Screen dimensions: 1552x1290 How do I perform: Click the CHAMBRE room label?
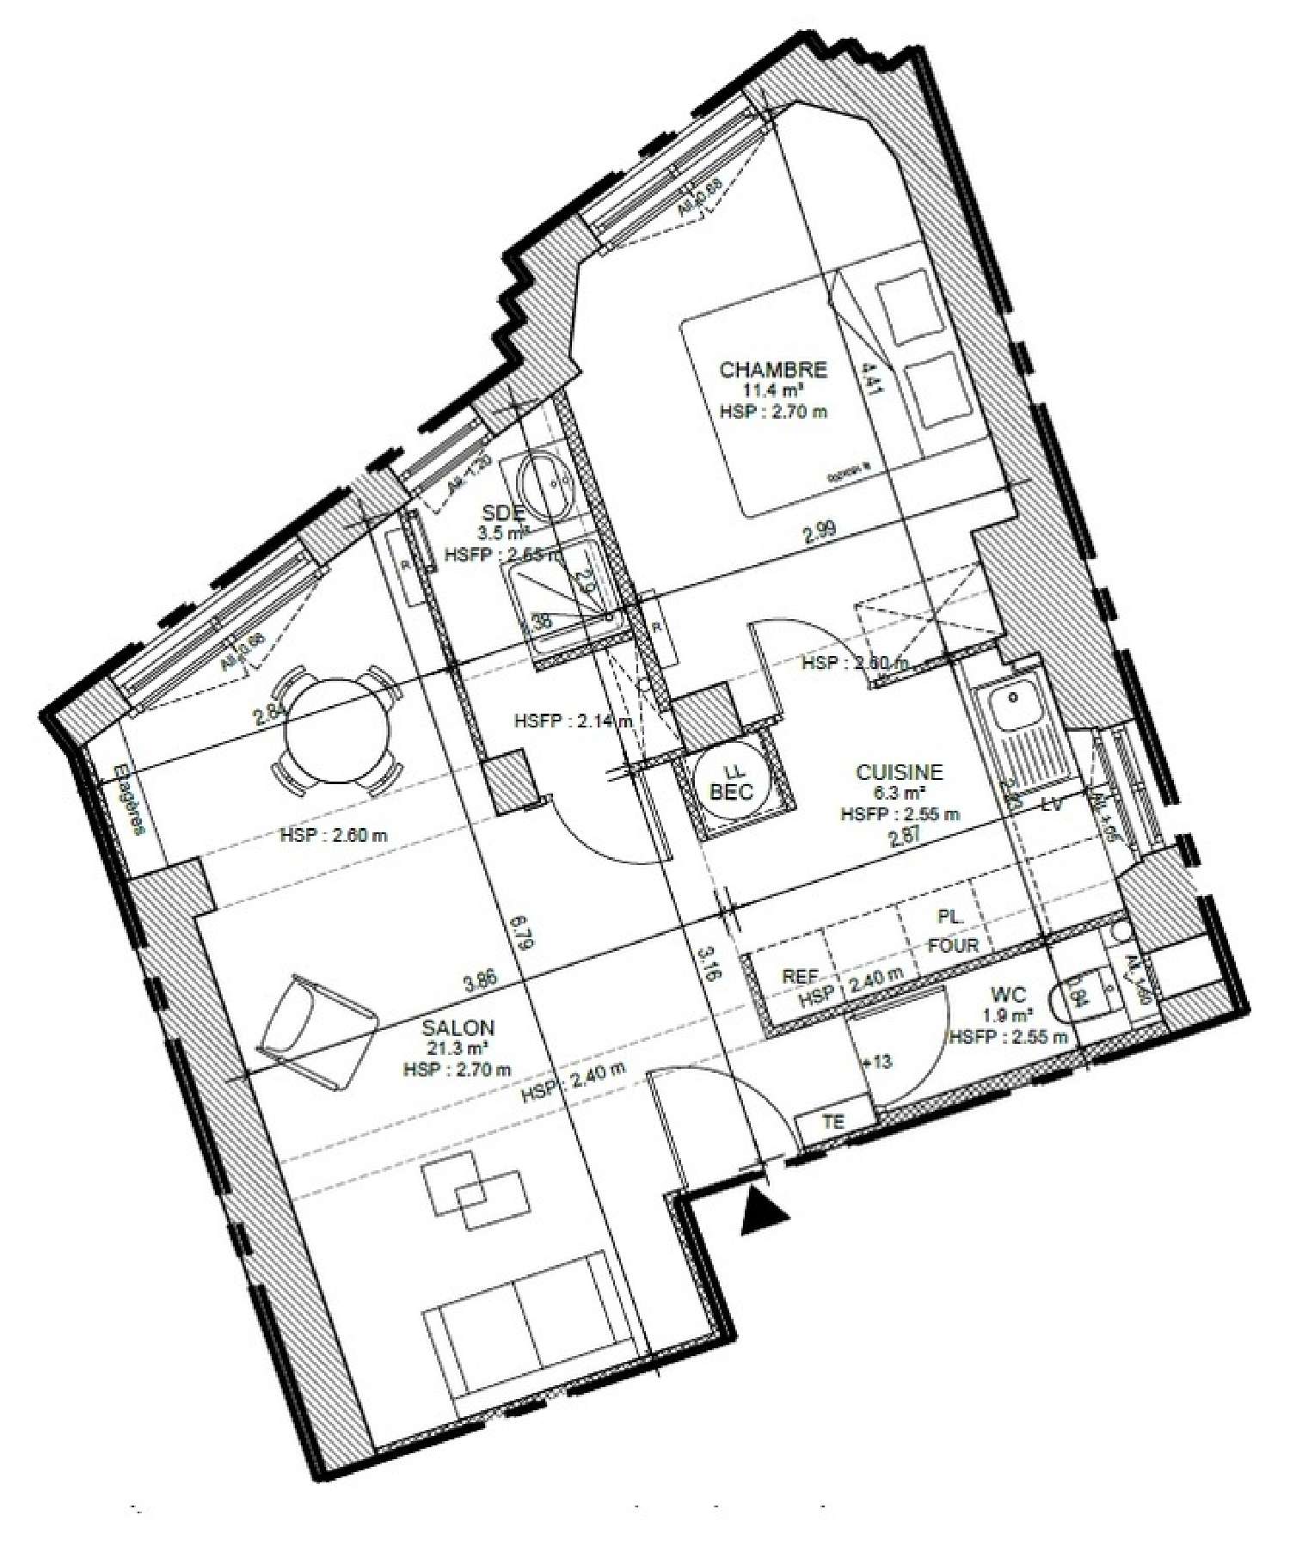772,371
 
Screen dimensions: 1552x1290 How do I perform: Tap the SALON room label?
458,1027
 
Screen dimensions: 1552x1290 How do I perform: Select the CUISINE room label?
899,772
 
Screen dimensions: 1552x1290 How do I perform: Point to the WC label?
1008,995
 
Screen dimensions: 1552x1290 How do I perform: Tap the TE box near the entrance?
833,1121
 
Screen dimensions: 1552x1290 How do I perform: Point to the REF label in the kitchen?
799,977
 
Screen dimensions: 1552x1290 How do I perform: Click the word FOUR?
953,945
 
